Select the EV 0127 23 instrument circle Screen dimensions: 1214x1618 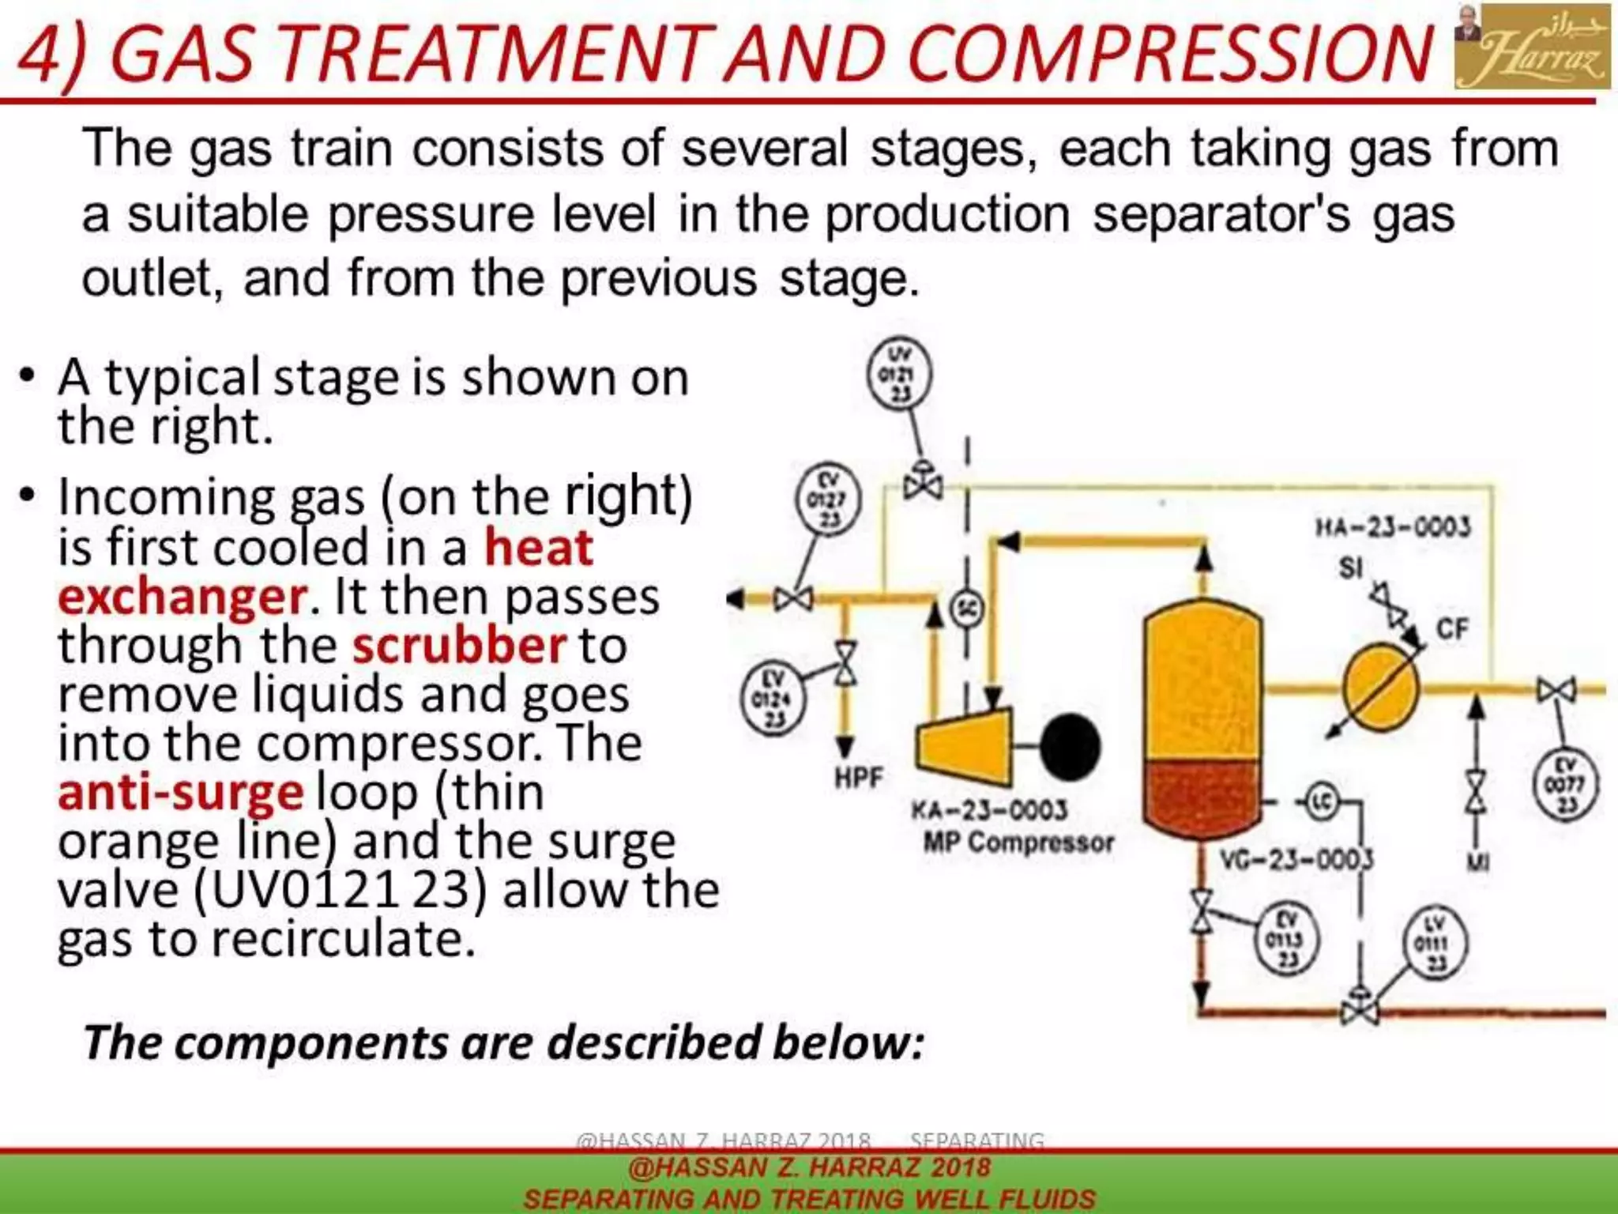tap(827, 500)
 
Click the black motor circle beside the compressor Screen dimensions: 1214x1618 tap(1070, 747)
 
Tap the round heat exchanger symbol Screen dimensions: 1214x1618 tap(1381, 688)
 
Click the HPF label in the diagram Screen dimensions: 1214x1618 tap(859, 778)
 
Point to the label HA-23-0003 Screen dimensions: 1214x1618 tap(1393, 527)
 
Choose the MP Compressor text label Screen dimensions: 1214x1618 tap(1018, 843)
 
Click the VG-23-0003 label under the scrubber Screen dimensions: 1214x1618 tap(1296, 859)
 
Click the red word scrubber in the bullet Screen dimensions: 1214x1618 tap(459, 646)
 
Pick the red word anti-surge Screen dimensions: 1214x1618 tap(181, 793)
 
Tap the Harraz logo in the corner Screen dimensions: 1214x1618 tap(1532, 47)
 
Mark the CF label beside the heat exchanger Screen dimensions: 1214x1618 tap(1452, 629)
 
